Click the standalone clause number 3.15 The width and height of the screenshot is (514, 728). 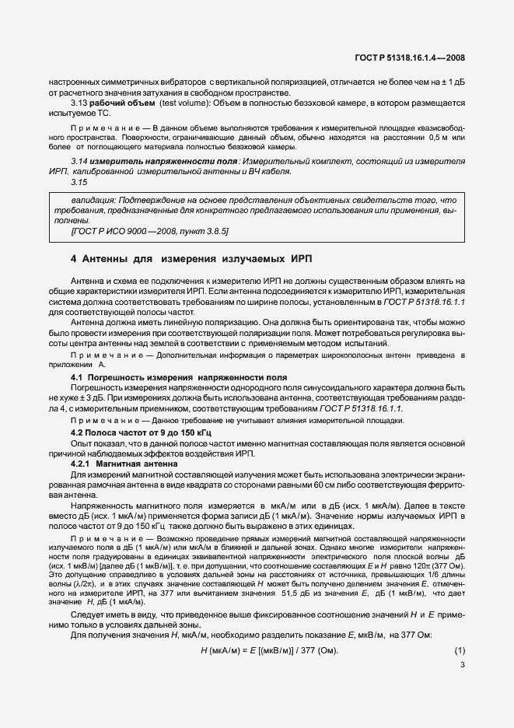click(x=78, y=182)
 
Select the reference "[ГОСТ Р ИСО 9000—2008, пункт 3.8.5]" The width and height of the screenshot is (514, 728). click(x=149, y=231)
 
